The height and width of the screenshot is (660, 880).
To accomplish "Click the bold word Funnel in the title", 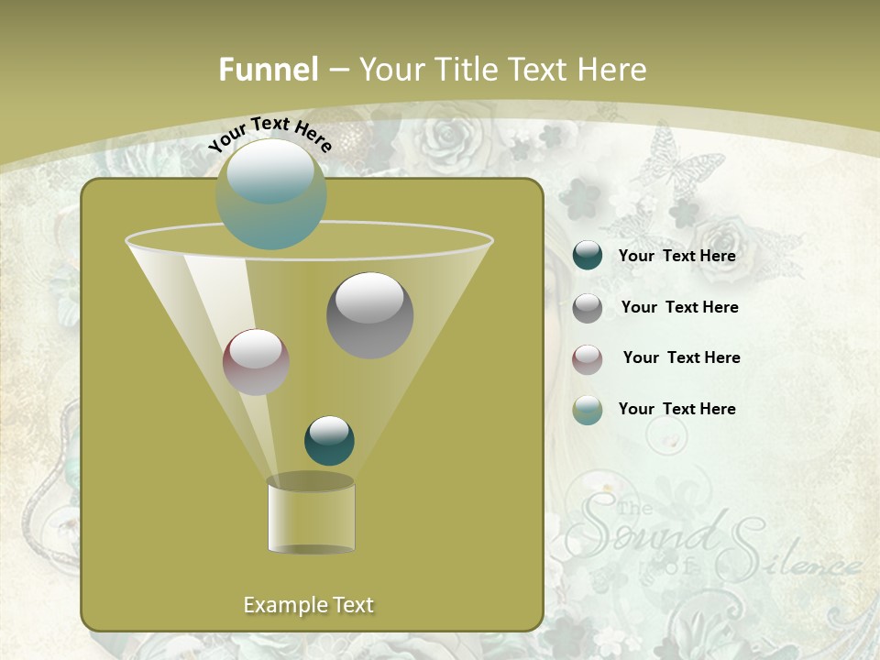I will [268, 70].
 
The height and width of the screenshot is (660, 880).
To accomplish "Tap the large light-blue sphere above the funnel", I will [271, 193].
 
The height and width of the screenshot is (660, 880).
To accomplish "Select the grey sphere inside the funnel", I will [370, 315].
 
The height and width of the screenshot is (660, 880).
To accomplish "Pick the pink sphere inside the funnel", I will [257, 362].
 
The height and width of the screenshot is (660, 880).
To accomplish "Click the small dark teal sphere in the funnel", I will [329, 441].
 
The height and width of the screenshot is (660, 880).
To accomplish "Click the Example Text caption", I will [309, 605].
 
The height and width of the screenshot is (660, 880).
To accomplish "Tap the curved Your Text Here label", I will [269, 134].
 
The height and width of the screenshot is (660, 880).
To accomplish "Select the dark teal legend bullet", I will [588, 256].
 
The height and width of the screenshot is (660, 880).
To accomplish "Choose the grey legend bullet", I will [588, 308].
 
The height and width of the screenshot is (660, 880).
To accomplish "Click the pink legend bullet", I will [588, 358].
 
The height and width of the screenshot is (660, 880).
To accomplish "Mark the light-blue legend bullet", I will [588, 410].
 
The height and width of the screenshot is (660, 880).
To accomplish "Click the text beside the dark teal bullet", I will [677, 257].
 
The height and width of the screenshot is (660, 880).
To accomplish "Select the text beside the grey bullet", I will [679, 308].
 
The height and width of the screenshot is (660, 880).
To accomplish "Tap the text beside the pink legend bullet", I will [681, 358].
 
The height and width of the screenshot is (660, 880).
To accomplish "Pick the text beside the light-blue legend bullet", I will [677, 410].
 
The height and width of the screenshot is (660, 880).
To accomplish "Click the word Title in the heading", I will [471, 70].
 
